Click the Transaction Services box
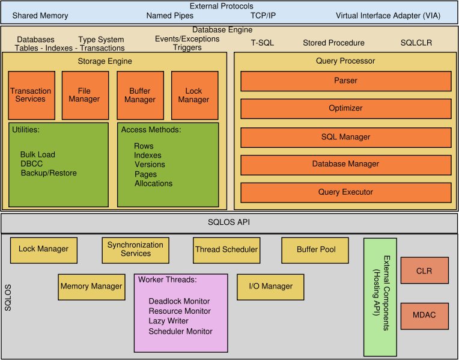(31, 95)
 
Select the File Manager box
(85, 95)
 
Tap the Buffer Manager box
(140, 95)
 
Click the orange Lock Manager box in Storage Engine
(194, 95)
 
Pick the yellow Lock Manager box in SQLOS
(43, 249)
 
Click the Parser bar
(345, 81)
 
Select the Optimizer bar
(345, 108)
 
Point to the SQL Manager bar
(345, 137)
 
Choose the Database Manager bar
(345, 163)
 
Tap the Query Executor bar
(345, 192)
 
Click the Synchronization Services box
(135, 249)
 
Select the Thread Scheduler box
(226, 249)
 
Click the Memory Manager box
(91, 287)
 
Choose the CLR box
(424, 271)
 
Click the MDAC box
(424, 315)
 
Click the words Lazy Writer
(169, 322)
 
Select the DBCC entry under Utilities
(31, 164)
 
